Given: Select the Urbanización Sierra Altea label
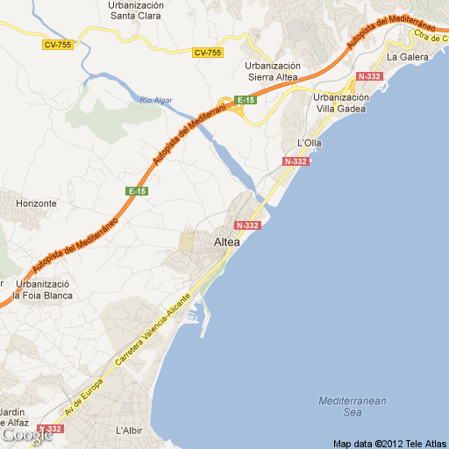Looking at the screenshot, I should point(273,71).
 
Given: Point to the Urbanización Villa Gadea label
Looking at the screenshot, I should point(341,103).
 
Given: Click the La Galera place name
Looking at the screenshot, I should point(404,57).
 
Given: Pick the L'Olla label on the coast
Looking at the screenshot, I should point(311,142).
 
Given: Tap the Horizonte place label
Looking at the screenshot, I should point(36,203).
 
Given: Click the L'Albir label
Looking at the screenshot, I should point(129,431).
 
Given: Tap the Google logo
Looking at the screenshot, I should point(25,434).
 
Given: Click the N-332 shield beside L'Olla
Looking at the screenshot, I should point(296,162).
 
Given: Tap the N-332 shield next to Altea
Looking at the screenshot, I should point(248,225).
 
